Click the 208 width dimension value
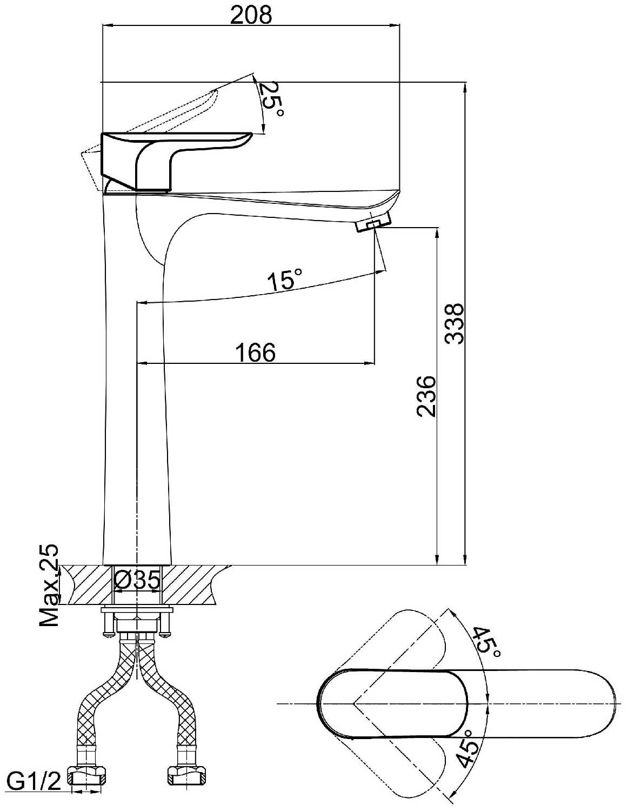251,16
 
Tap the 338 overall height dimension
455,323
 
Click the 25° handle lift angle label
271,99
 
